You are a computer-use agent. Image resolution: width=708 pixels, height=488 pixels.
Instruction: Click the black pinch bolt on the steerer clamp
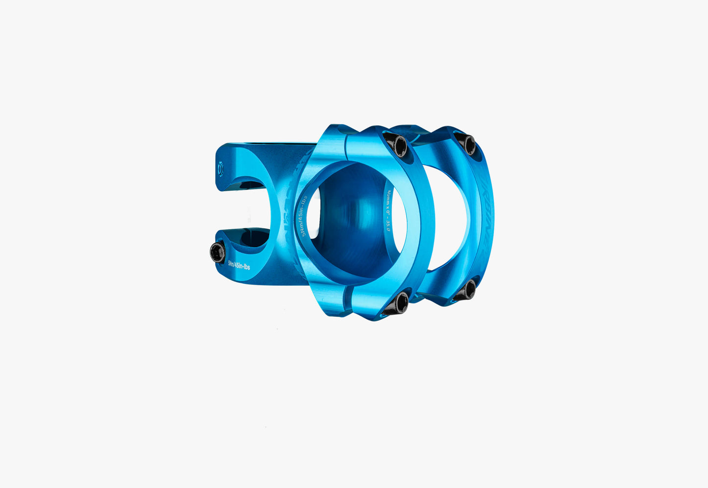[217, 253]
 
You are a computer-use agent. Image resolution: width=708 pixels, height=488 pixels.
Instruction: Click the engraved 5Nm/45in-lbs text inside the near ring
[304, 216]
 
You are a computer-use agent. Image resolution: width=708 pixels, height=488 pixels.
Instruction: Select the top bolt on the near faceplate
[398, 145]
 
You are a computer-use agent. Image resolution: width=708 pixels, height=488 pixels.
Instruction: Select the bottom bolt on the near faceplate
[400, 303]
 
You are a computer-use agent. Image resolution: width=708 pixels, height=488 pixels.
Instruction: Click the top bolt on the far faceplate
[468, 144]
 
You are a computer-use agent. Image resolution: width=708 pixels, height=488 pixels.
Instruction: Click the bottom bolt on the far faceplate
[467, 290]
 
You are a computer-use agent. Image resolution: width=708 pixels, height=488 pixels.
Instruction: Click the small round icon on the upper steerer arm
[220, 169]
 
